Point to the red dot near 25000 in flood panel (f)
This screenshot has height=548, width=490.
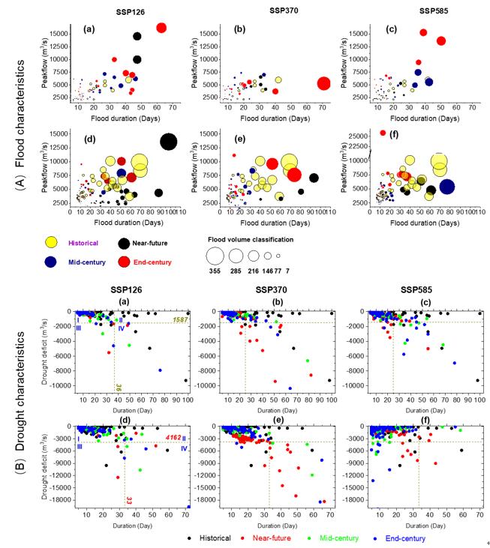(x=383, y=133)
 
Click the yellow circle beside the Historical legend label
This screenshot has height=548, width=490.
(x=52, y=241)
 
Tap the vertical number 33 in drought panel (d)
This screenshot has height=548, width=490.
(x=129, y=500)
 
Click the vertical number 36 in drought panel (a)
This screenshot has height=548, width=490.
(x=119, y=387)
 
